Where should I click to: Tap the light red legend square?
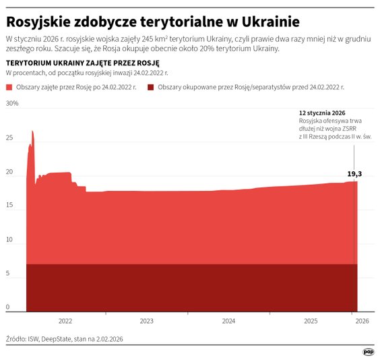[x=9, y=88]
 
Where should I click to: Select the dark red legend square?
[x=151, y=88]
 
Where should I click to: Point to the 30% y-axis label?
[x=12, y=104]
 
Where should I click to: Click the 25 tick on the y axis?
[x=9, y=138]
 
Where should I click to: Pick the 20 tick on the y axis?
[x=9, y=172]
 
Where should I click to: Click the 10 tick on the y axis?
[x=9, y=240]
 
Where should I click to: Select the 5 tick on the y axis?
[x=8, y=274]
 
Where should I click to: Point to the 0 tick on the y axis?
[x=8, y=307]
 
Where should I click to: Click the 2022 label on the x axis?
[x=65, y=322]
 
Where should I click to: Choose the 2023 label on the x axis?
[x=147, y=322]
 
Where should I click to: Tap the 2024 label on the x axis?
[x=228, y=322]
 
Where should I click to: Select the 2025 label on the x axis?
[x=310, y=322]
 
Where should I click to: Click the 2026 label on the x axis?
[x=361, y=322]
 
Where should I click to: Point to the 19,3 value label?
[x=354, y=175]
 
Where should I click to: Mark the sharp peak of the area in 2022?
[x=32, y=132]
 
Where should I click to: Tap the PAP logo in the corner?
[x=369, y=351]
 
